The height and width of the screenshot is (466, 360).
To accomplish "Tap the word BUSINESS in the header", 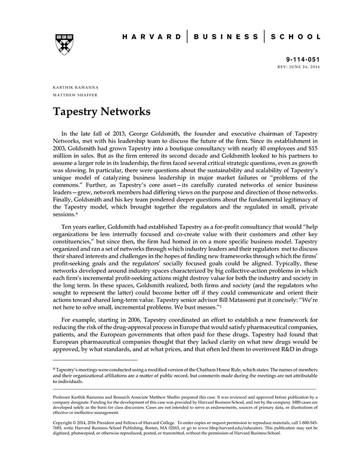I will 226,37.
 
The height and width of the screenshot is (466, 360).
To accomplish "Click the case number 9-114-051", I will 303,60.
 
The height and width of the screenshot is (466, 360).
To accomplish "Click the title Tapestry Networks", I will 101,112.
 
